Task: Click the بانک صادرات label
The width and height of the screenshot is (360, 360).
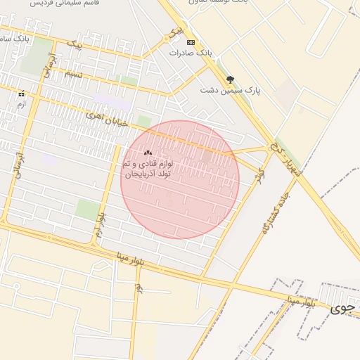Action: tap(191, 53)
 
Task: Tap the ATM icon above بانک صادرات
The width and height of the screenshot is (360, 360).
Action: tap(191, 42)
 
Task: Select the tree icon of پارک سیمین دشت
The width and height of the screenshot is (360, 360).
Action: tap(230, 79)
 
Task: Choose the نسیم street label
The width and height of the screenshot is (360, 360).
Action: tap(73, 74)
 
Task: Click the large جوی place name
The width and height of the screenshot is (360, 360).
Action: tap(342, 308)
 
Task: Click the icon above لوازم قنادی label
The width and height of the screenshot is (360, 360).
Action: tap(148, 153)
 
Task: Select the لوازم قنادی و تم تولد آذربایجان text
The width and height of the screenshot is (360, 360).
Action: tap(149, 169)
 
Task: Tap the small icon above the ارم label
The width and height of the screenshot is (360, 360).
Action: tap(21, 94)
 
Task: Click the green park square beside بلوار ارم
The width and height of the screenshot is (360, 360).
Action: tap(88, 209)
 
